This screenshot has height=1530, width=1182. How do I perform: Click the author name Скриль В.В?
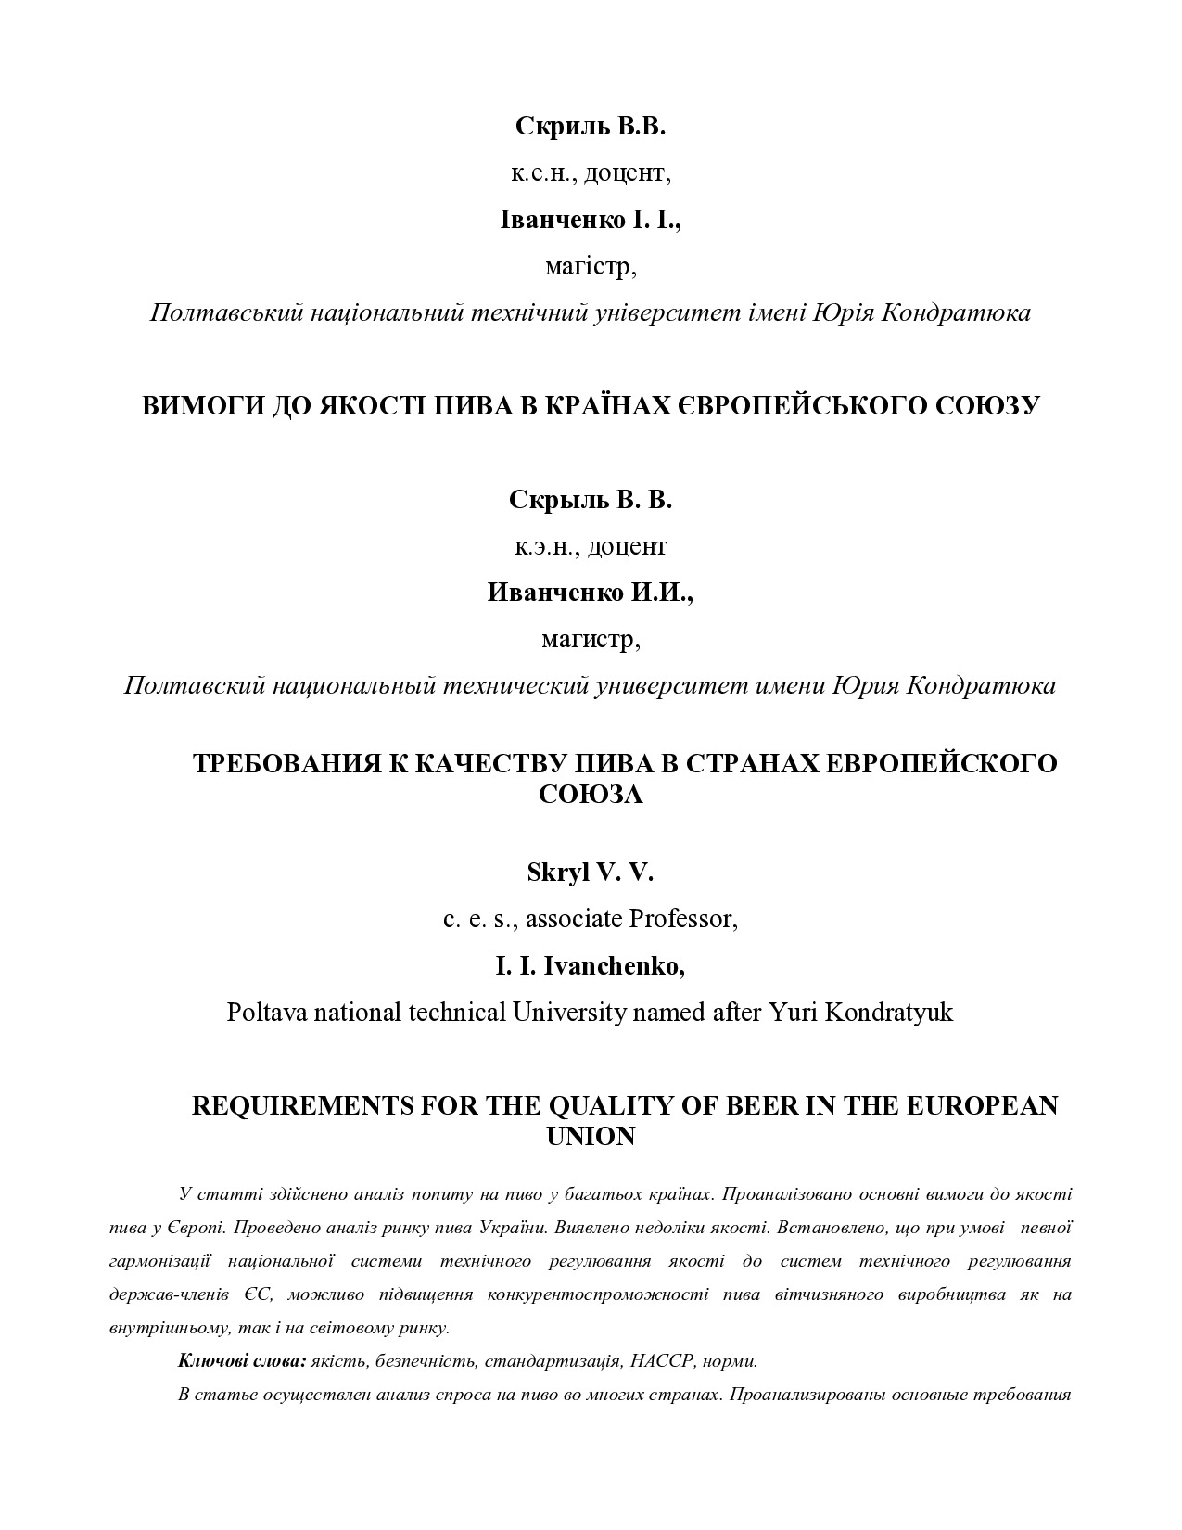[591, 127]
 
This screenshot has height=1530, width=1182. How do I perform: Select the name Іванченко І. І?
[591, 221]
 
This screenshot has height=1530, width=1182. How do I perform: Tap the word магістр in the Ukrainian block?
[591, 268]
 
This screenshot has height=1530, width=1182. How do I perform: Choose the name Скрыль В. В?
[591, 500]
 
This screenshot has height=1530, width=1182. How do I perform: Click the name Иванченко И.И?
[591, 593]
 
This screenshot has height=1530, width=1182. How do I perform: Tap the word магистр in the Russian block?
[591, 640]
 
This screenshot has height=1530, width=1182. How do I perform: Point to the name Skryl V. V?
[591, 873]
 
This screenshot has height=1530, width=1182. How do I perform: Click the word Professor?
[683, 919]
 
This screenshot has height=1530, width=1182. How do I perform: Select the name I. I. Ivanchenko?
[591, 966]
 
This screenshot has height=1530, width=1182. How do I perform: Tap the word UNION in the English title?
[591, 1137]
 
